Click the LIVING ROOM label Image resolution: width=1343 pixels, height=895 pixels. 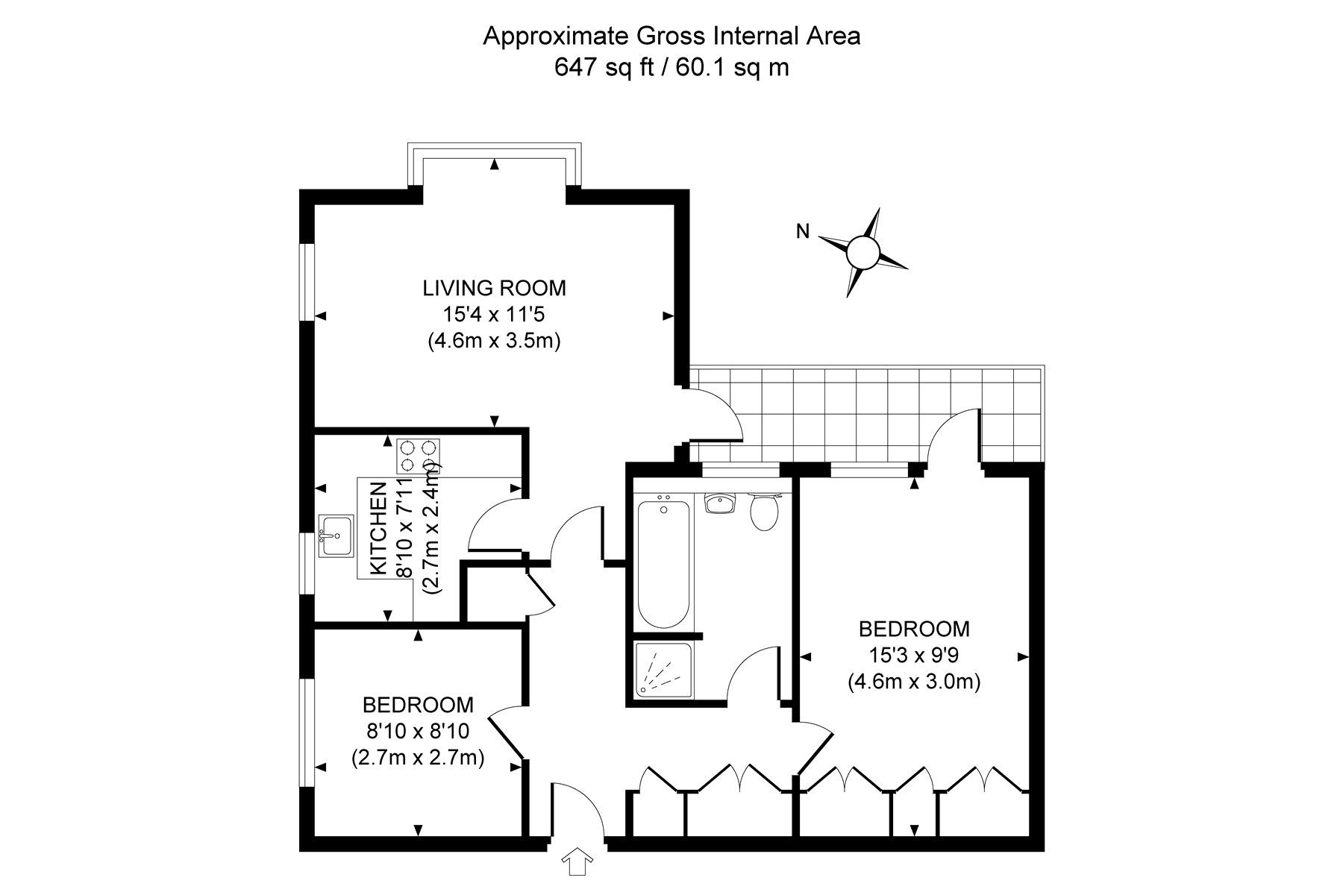pyautogui.click(x=494, y=288)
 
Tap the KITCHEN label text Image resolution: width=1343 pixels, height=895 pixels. pyautogui.click(x=379, y=528)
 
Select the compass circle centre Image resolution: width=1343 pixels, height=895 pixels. pyautogui.click(x=864, y=252)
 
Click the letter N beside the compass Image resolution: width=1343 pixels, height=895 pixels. pyautogui.click(x=802, y=232)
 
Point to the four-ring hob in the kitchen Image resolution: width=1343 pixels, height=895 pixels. pyautogui.click(x=418, y=456)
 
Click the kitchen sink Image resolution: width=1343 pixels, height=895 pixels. pyautogui.click(x=337, y=535)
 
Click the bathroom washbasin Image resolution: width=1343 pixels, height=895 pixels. pyautogui.click(x=721, y=504)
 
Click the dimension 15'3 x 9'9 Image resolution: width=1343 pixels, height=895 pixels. pyautogui.click(x=914, y=655)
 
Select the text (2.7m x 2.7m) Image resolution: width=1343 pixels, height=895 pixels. pyautogui.click(x=418, y=758)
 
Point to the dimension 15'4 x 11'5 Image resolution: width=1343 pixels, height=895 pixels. pyautogui.click(x=494, y=314)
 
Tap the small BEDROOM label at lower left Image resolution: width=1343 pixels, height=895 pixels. pyautogui.click(x=418, y=704)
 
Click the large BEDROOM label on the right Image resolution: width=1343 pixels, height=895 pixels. pyautogui.click(x=914, y=629)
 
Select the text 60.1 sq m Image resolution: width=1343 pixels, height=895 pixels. pyautogui.click(x=733, y=68)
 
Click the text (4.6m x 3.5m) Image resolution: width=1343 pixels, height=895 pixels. pyautogui.click(x=494, y=341)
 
